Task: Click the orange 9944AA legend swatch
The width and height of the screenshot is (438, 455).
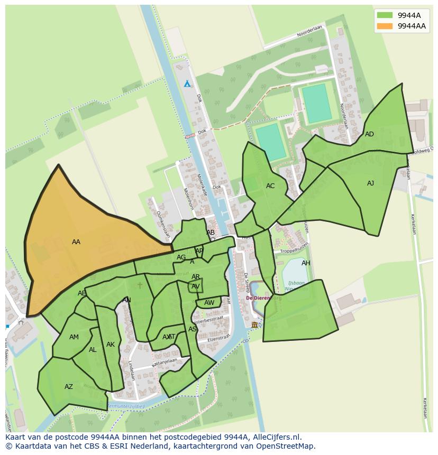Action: coord(385,26)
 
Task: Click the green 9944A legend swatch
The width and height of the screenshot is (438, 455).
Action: coord(385,15)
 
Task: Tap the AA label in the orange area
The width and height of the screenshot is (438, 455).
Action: coord(76,242)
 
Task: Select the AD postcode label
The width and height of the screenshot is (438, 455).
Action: coord(369,134)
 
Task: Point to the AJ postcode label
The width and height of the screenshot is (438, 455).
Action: coord(370,183)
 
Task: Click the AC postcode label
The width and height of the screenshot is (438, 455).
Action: coord(270,186)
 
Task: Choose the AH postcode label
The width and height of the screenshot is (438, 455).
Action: coord(306,263)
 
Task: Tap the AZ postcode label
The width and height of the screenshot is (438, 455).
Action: coord(68,387)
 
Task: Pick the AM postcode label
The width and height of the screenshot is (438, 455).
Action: coord(74,337)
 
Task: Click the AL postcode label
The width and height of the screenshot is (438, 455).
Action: coord(93,350)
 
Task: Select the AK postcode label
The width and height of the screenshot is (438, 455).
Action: coord(110,345)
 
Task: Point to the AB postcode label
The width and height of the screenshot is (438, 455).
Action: coord(211,233)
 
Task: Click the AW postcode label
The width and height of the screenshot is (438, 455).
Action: coord(209,303)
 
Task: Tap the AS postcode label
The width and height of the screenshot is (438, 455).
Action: coord(193,329)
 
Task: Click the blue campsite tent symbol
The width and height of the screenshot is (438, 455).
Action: coord(187,83)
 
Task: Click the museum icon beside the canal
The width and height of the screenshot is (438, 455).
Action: coord(254,324)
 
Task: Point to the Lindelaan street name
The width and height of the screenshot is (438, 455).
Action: coord(131,370)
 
